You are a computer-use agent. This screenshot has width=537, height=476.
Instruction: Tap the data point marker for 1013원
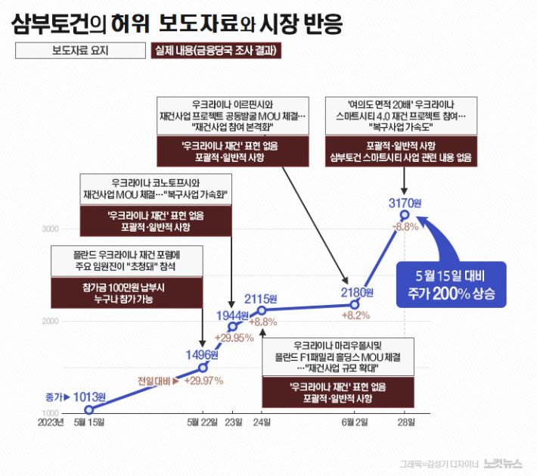pyautogui.click(x=88, y=409)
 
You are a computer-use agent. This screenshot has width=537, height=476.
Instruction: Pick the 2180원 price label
pyautogui.click(x=358, y=292)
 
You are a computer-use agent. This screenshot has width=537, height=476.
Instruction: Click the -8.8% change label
pyautogui.click(x=405, y=226)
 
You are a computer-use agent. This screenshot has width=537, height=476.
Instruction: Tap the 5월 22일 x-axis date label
pyautogui.click(x=203, y=422)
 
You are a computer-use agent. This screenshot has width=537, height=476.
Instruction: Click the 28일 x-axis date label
pyautogui.click(x=407, y=422)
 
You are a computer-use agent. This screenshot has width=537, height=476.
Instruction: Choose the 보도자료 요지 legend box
pyautogui.click(x=79, y=51)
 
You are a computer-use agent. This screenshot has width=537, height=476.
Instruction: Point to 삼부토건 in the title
pyautogui.click(x=48, y=23)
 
